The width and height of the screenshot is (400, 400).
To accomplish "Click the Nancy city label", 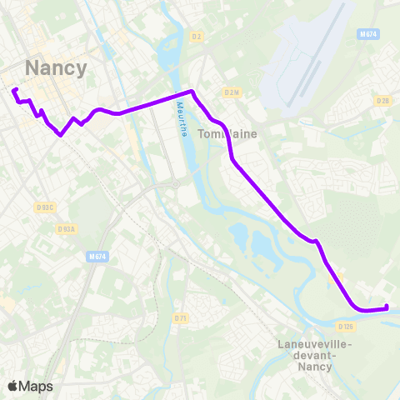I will click(57, 67).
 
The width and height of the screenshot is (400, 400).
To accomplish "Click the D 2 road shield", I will click(197, 37).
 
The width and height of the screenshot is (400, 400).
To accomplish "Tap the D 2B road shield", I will click(382, 100).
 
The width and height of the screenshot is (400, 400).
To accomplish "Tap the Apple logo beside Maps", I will click(12, 386).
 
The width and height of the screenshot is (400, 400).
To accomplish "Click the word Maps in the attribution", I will click(36, 386).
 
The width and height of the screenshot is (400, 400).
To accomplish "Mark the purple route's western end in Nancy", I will click(15, 89).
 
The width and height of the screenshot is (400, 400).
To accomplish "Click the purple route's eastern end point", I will click(387, 308).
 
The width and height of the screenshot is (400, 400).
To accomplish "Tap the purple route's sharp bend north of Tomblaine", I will click(192, 91).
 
